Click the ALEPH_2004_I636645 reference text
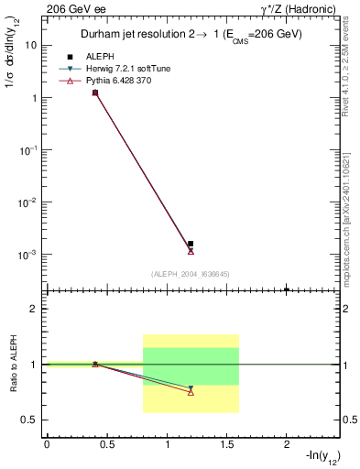pos(191,274)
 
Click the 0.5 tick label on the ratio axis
pos(28,420)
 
